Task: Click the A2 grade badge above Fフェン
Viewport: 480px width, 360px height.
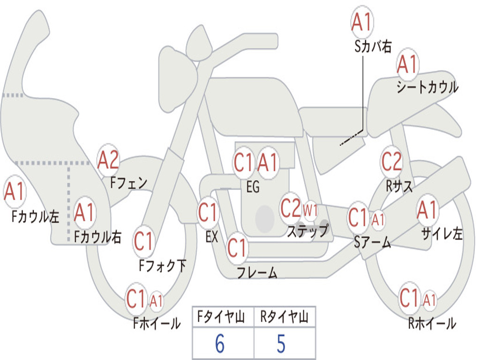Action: [x=108, y=160]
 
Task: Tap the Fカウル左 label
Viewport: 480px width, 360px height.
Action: [x=35, y=217]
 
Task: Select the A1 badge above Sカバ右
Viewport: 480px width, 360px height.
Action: [x=362, y=22]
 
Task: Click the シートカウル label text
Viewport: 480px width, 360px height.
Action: [x=427, y=87]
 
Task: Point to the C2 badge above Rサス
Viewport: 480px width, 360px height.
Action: [x=391, y=161]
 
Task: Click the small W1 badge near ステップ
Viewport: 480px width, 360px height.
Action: [x=310, y=211]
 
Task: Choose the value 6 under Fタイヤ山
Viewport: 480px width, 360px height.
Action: [x=220, y=344]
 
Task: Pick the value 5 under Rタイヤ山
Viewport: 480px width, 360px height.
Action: [x=281, y=344]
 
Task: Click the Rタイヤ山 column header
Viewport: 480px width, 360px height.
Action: [x=285, y=316]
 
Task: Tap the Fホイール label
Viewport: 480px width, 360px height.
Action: [x=157, y=323]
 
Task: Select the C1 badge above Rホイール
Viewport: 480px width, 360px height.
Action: [x=409, y=298]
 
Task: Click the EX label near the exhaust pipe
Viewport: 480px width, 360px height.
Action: [x=212, y=237]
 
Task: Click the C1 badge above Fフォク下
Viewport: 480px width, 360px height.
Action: [x=143, y=241]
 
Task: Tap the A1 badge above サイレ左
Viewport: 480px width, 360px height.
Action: [x=427, y=211]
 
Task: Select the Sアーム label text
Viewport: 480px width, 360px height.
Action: [x=372, y=242]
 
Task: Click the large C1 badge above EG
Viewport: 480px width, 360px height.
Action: [x=243, y=163]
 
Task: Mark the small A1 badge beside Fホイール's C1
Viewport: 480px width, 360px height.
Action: [x=156, y=301]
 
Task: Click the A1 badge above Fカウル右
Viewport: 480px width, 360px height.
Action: [x=84, y=212]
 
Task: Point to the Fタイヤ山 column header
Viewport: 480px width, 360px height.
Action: [x=221, y=316]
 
